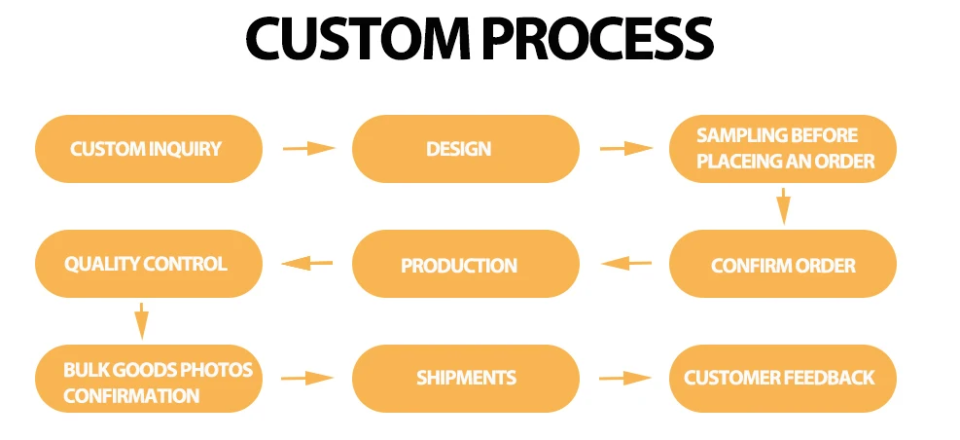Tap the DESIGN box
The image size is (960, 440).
coord(465,149)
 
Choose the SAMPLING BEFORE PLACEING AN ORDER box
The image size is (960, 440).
coord(782,149)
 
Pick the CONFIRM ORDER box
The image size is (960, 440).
coord(782,264)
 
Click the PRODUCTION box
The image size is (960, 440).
coord(465,264)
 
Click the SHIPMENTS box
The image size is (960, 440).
coord(465,378)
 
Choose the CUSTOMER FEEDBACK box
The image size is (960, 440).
coord(782,378)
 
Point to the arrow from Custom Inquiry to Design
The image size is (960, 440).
coord(308,149)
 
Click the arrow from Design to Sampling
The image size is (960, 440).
coord(625,149)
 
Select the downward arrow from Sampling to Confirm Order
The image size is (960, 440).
coord(783,206)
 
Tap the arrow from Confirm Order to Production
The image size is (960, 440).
coord(625,263)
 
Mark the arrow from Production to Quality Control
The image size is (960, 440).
coord(307,263)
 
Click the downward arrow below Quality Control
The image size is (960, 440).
coord(141,320)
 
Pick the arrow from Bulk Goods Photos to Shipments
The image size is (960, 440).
coord(308,378)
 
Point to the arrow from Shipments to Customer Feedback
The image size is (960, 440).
coord(625,378)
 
